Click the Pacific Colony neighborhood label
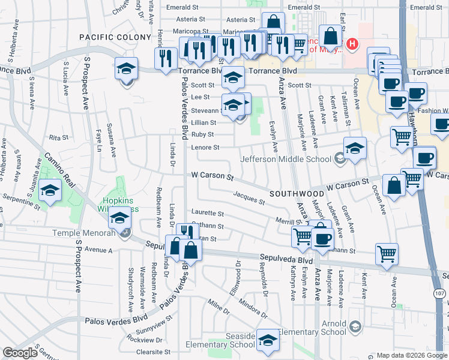pyautogui.click(x=115, y=37)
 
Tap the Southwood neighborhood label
pyautogui.click(x=297, y=194)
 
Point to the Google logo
pyautogui.click(x=20, y=353)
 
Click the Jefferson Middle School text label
pyautogui.click(x=286, y=159)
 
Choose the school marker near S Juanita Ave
pyautogui.click(x=50, y=192)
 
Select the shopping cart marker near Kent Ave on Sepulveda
pyautogui.click(x=387, y=253)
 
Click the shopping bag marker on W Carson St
pyautogui.click(x=395, y=187)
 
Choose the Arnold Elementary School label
pyautogui.click(x=334, y=328)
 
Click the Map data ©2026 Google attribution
pyautogui.click(x=412, y=355)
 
